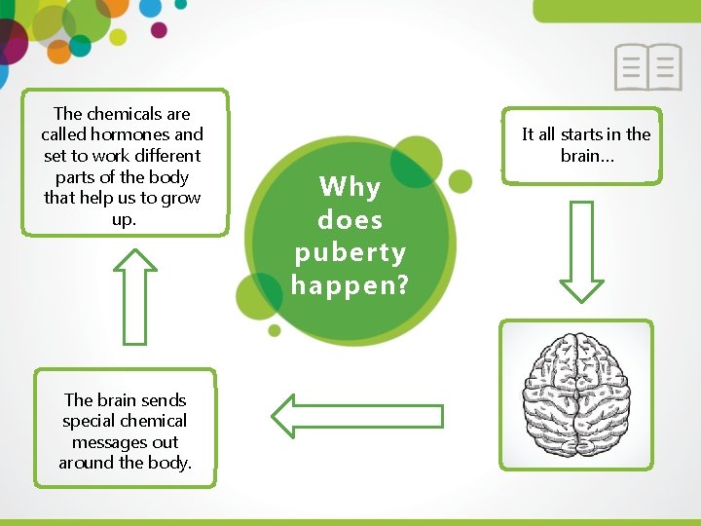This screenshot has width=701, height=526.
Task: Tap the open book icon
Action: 647,67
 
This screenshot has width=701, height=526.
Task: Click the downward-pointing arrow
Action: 581,250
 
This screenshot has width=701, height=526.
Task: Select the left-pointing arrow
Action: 356,416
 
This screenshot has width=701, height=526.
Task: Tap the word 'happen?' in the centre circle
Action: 349,284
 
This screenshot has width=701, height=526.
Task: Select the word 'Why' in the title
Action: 350,186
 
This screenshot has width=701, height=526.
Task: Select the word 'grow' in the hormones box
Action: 181,198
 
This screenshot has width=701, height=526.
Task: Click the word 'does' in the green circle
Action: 350,219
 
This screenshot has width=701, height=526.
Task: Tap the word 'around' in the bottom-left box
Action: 86,463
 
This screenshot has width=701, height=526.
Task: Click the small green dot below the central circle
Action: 275,330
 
